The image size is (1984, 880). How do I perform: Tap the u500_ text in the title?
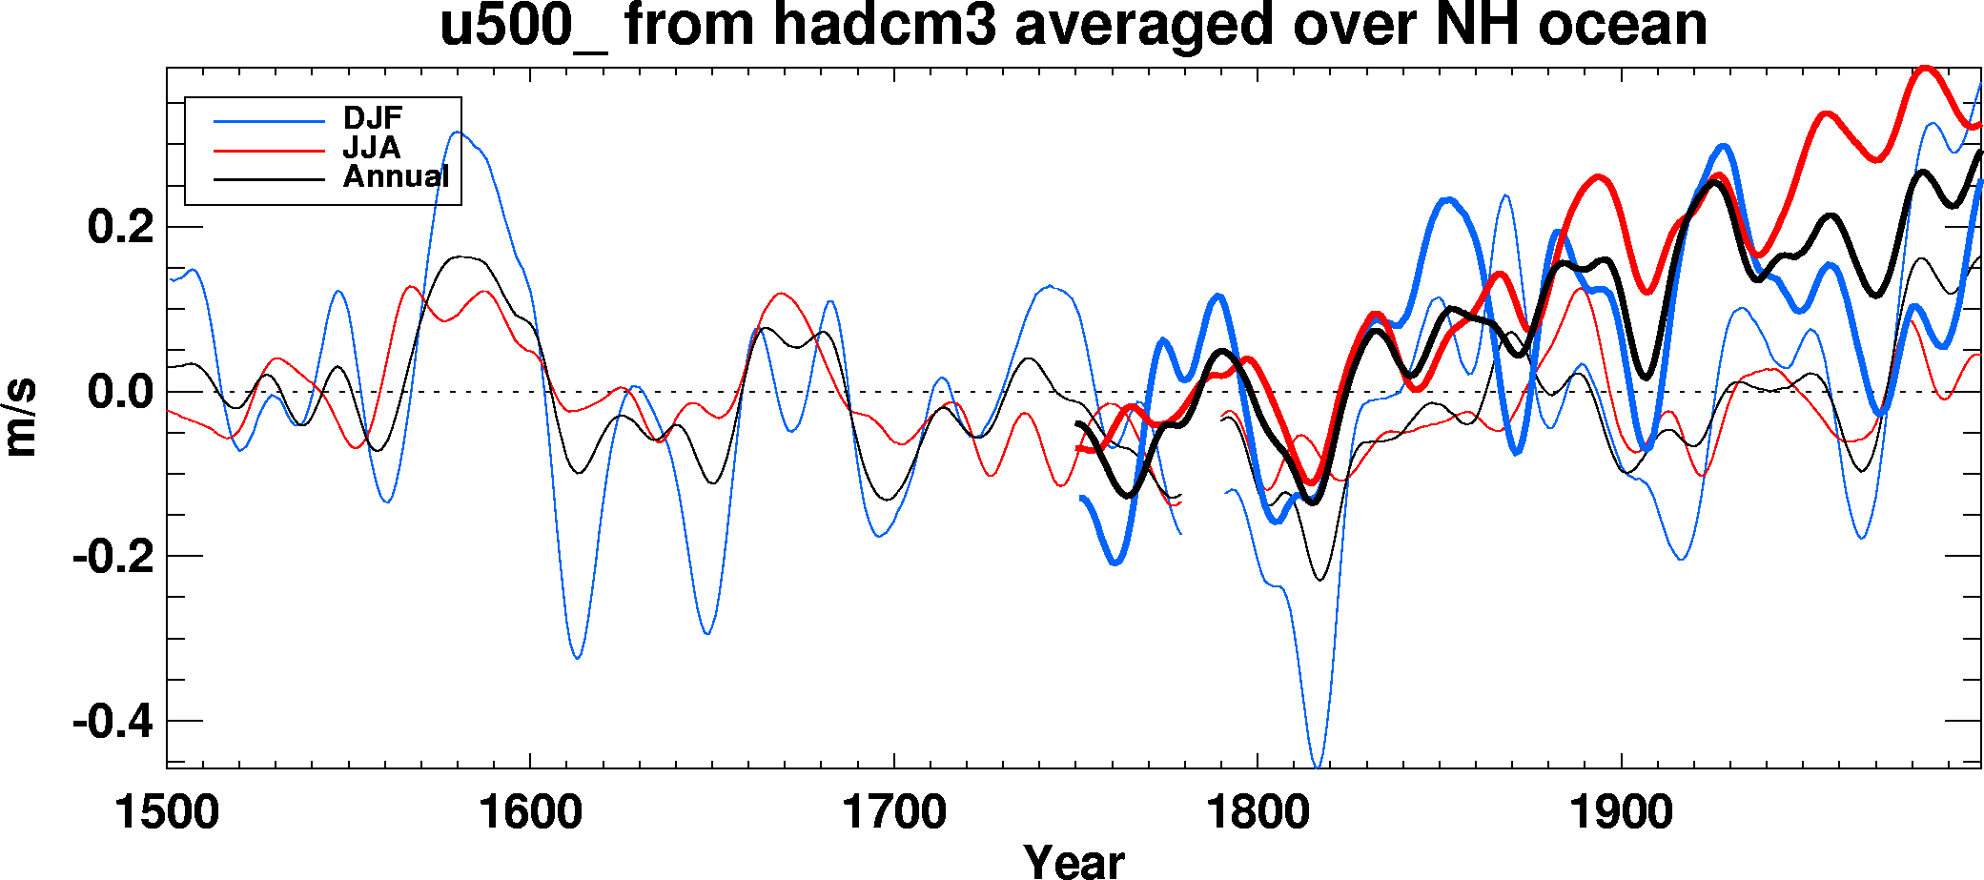(522, 27)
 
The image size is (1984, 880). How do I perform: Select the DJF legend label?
(373, 118)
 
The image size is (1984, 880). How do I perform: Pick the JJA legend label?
(372, 148)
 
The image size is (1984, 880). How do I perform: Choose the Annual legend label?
(396, 176)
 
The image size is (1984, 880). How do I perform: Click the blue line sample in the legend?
(270, 121)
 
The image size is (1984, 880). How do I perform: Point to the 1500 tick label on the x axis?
(167, 813)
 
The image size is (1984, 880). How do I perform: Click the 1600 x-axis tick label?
(530, 813)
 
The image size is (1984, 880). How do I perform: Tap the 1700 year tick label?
(893, 813)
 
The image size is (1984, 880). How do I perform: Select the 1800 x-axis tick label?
(1258, 813)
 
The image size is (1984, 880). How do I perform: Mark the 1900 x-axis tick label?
(1621, 813)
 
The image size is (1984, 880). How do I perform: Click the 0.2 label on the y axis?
(120, 228)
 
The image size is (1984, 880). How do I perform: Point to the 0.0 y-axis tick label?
(120, 392)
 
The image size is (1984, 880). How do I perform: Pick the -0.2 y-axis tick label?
(113, 557)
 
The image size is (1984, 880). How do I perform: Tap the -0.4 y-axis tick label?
(113, 722)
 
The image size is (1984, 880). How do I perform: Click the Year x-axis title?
(1074, 861)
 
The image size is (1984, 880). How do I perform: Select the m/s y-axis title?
(21, 417)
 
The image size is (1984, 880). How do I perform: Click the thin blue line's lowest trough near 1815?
(1317, 766)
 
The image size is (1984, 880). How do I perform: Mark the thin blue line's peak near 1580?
(458, 133)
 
